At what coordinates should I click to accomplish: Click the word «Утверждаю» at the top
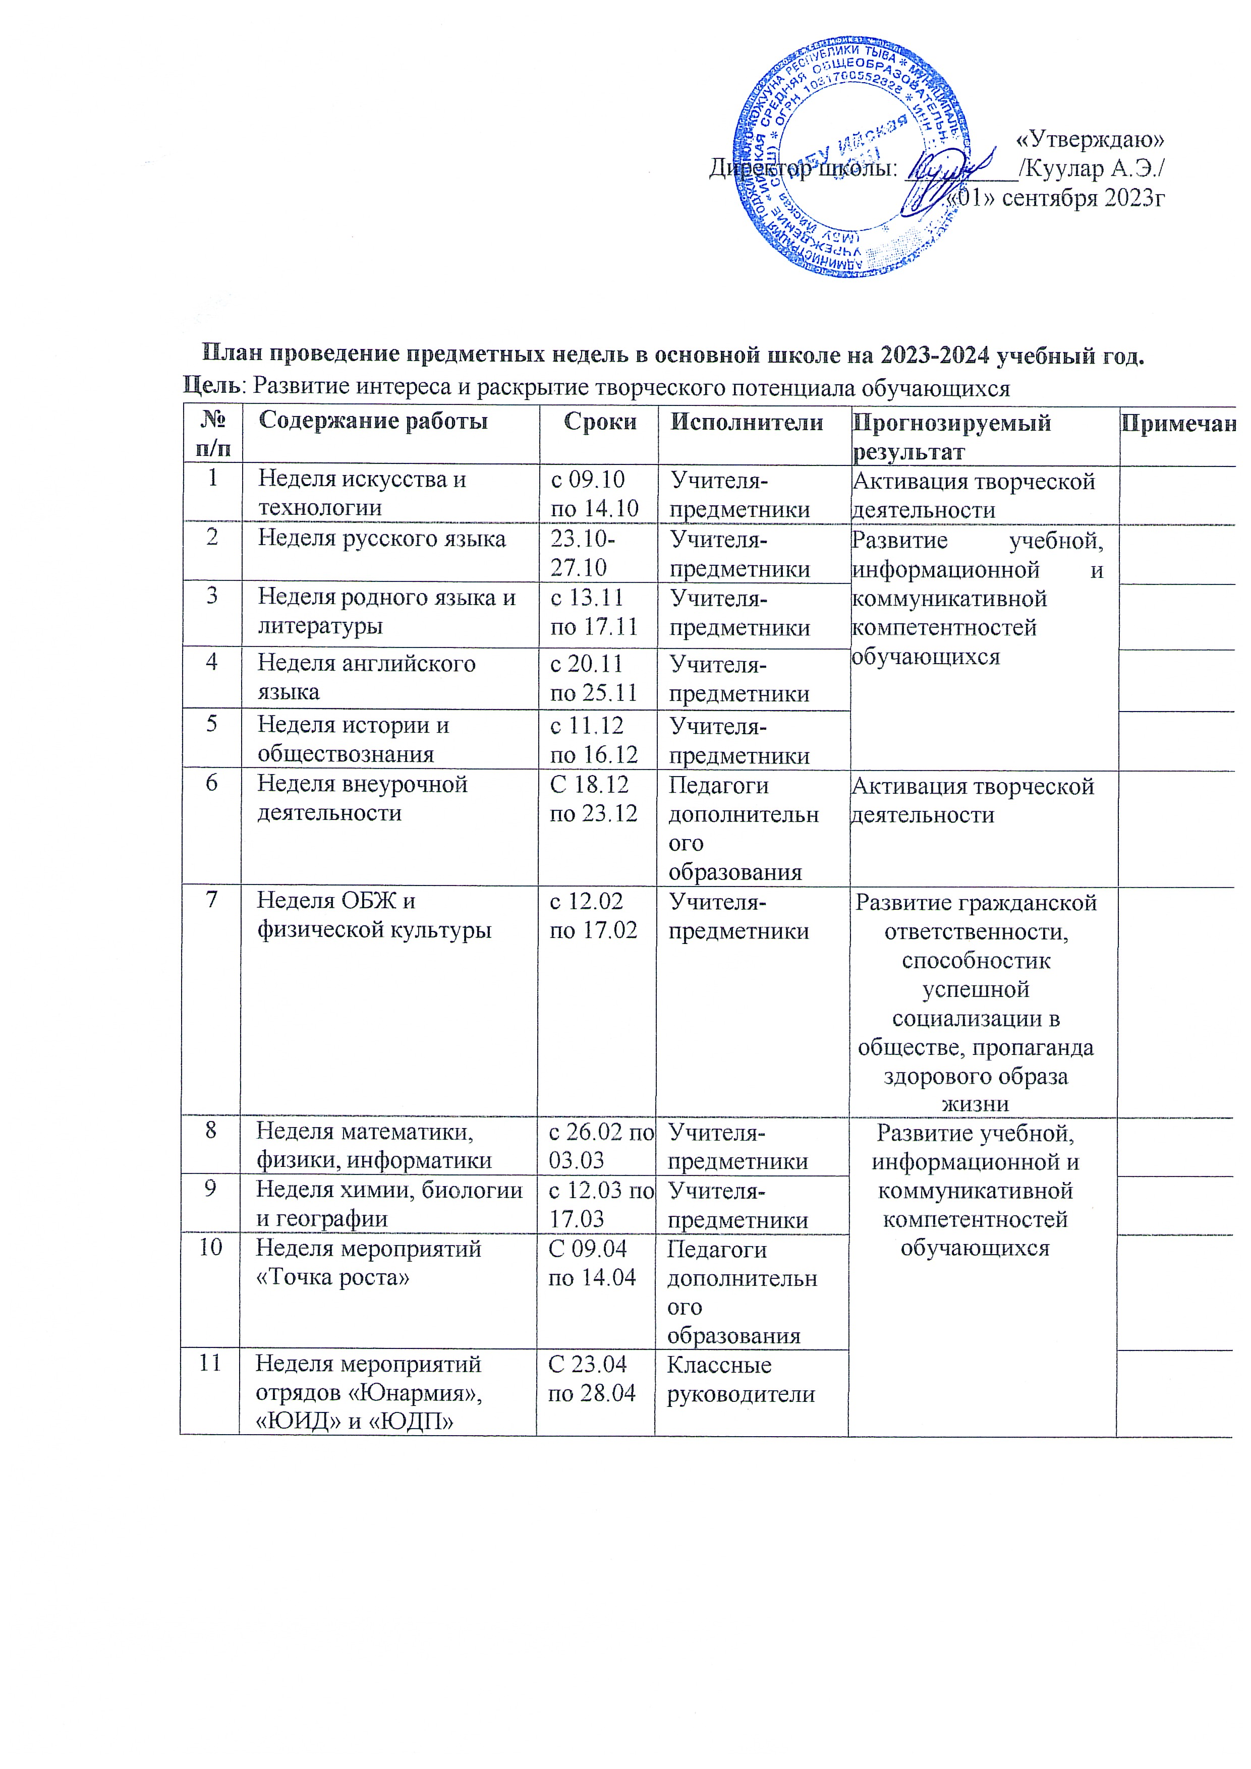1089,140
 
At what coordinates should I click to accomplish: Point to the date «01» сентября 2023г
1056,198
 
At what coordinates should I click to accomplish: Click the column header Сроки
600,422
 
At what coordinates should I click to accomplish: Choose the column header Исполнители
746,422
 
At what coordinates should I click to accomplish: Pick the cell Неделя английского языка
366,677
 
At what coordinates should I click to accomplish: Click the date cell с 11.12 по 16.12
594,740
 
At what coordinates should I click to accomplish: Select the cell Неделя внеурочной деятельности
362,798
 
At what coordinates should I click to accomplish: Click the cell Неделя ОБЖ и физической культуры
374,915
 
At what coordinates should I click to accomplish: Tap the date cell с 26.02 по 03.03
600,1146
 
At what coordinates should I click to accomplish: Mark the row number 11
210,1363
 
